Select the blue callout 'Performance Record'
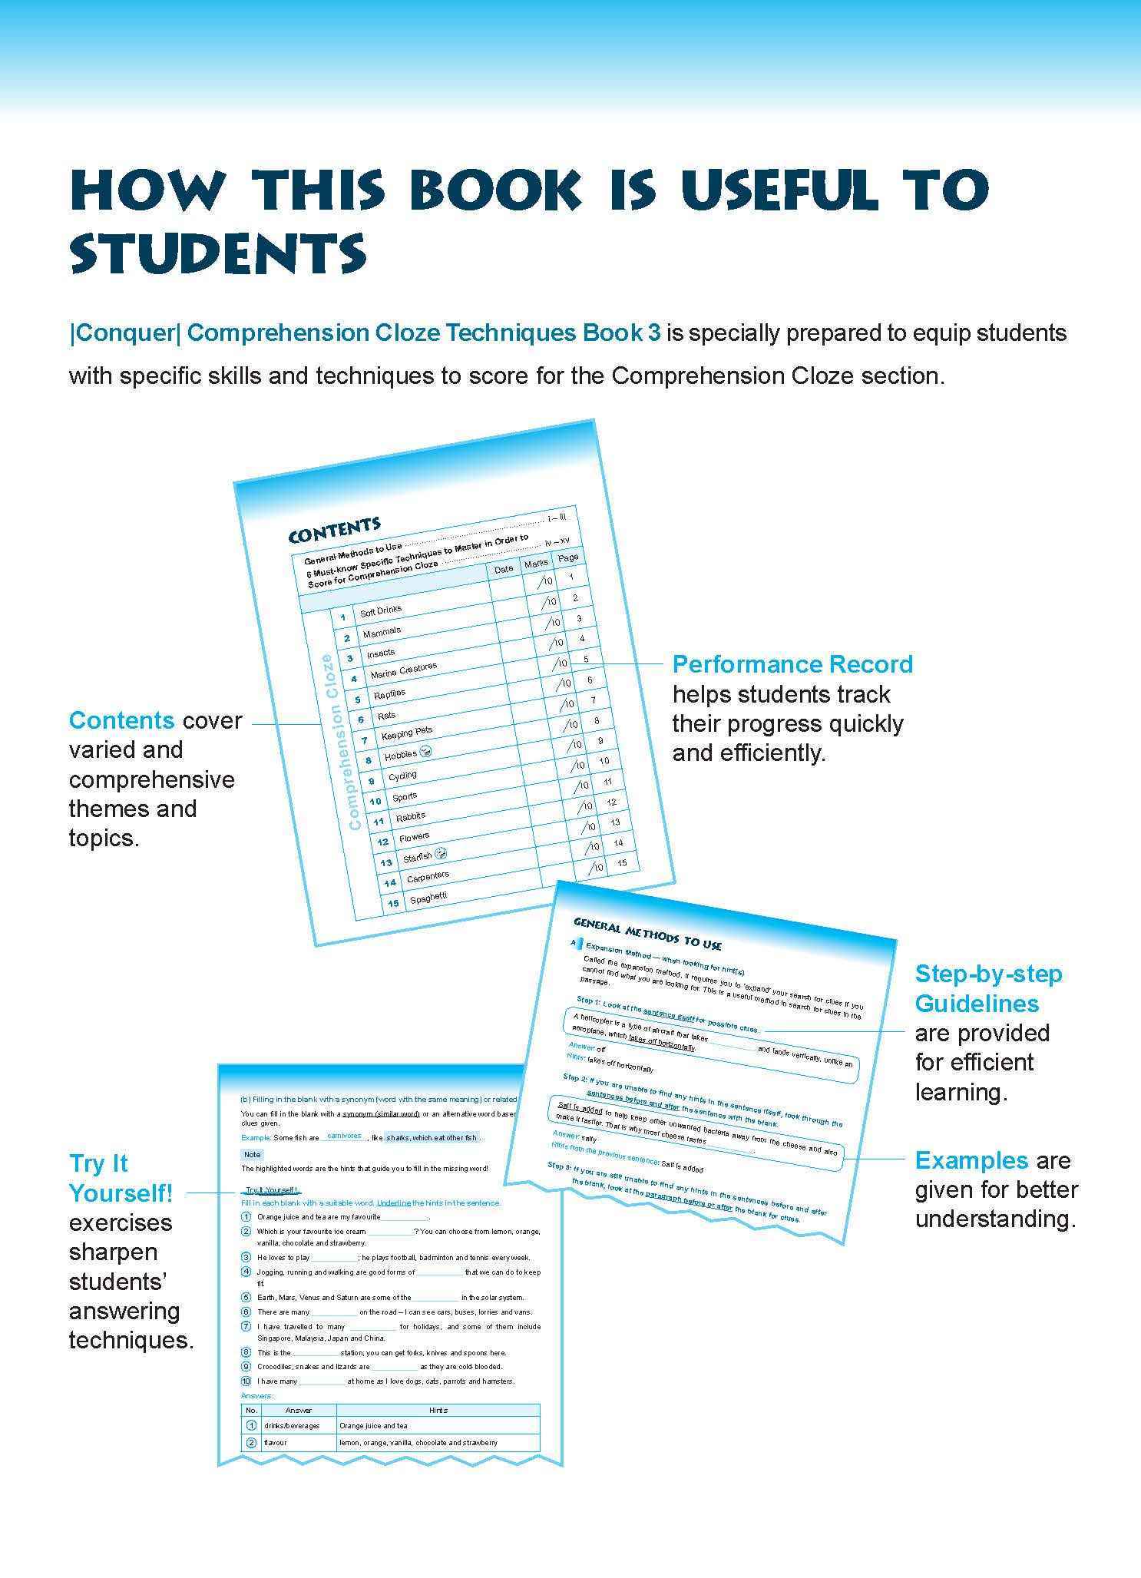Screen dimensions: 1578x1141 [x=792, y=664]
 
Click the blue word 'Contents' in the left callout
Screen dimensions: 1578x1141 [x=121, y=720]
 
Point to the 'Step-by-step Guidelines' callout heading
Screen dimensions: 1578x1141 [x=988, y=989]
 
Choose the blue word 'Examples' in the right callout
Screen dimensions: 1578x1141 [x=971, y=1160]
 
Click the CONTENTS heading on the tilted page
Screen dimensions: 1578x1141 [x=334, y=529]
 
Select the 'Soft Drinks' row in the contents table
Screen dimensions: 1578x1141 [x=381, y=610]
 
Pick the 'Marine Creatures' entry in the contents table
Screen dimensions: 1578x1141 [x=403, y=670]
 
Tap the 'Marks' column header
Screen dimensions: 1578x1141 [x=536, y=564]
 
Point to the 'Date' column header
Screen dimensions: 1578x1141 [x=504, y=569]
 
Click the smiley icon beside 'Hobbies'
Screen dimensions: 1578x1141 [x=426, y=751]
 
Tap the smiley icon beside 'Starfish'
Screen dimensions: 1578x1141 [x=440, y=853]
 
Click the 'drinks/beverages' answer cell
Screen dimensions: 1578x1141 [x=292, y=1425]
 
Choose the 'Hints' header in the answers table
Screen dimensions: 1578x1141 [x=438, y=1410]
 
